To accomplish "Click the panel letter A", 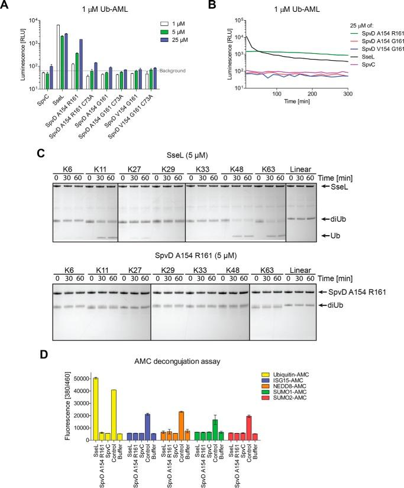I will click(x=7, y=6).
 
